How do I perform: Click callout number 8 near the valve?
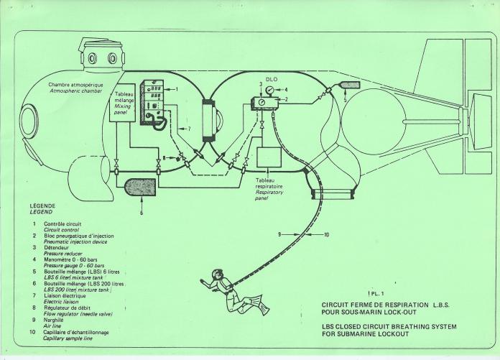coord(165,157)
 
